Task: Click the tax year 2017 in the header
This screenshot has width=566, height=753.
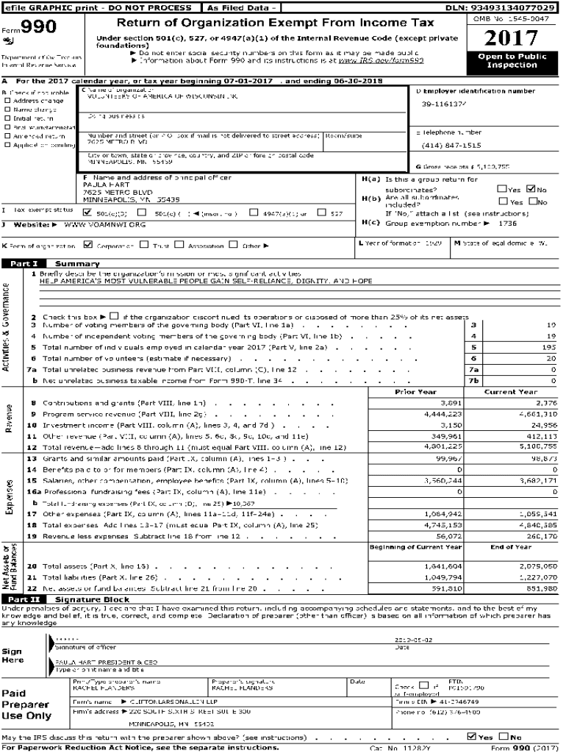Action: pyautogui.click(x=512, y=38)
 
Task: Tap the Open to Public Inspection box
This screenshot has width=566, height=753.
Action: pyautogui.click(x=512, y=61)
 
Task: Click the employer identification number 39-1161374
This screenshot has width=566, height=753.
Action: pyautogui.click(x=444, y=104)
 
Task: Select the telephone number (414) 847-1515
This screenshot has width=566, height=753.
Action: pyautogui.click(x=451, y=146)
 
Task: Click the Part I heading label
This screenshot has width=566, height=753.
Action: pyautogui.click(x=24, y=263)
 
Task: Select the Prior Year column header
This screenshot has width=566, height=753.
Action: pyautogui.click(x=415, y=392)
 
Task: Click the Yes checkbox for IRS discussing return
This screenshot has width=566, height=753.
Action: pyautogui.click(x=471, y=737)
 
